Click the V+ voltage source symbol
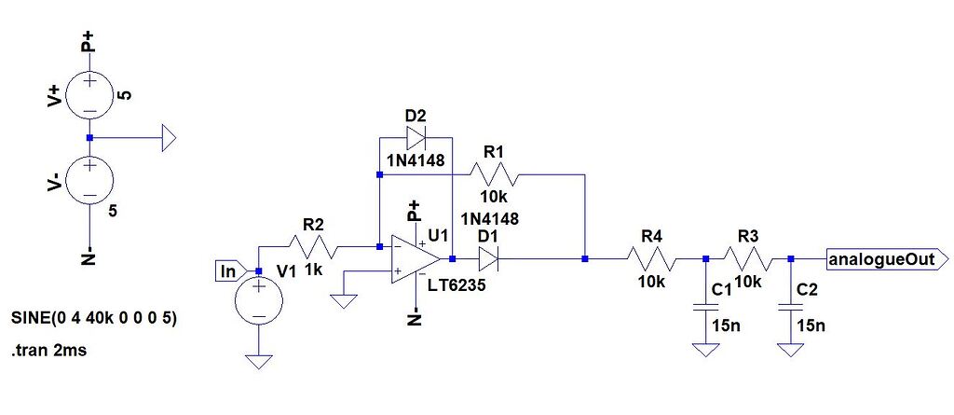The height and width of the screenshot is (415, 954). click(x=89, y=94)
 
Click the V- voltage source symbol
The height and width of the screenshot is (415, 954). click(x=89, y=181)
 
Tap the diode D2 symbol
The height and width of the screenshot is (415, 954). click(x=416, y=139)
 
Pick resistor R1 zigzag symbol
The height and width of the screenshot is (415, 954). click(x=494, y=174)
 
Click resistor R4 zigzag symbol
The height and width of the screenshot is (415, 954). click(x=652, y=258)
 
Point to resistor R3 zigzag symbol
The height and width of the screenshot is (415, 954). click(x=748, y=258)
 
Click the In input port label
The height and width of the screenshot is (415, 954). click(x=227, y=271)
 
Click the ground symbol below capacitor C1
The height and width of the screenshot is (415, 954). click(x=705, y=351)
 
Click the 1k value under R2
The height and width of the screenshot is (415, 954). click(x=314, y=270)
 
